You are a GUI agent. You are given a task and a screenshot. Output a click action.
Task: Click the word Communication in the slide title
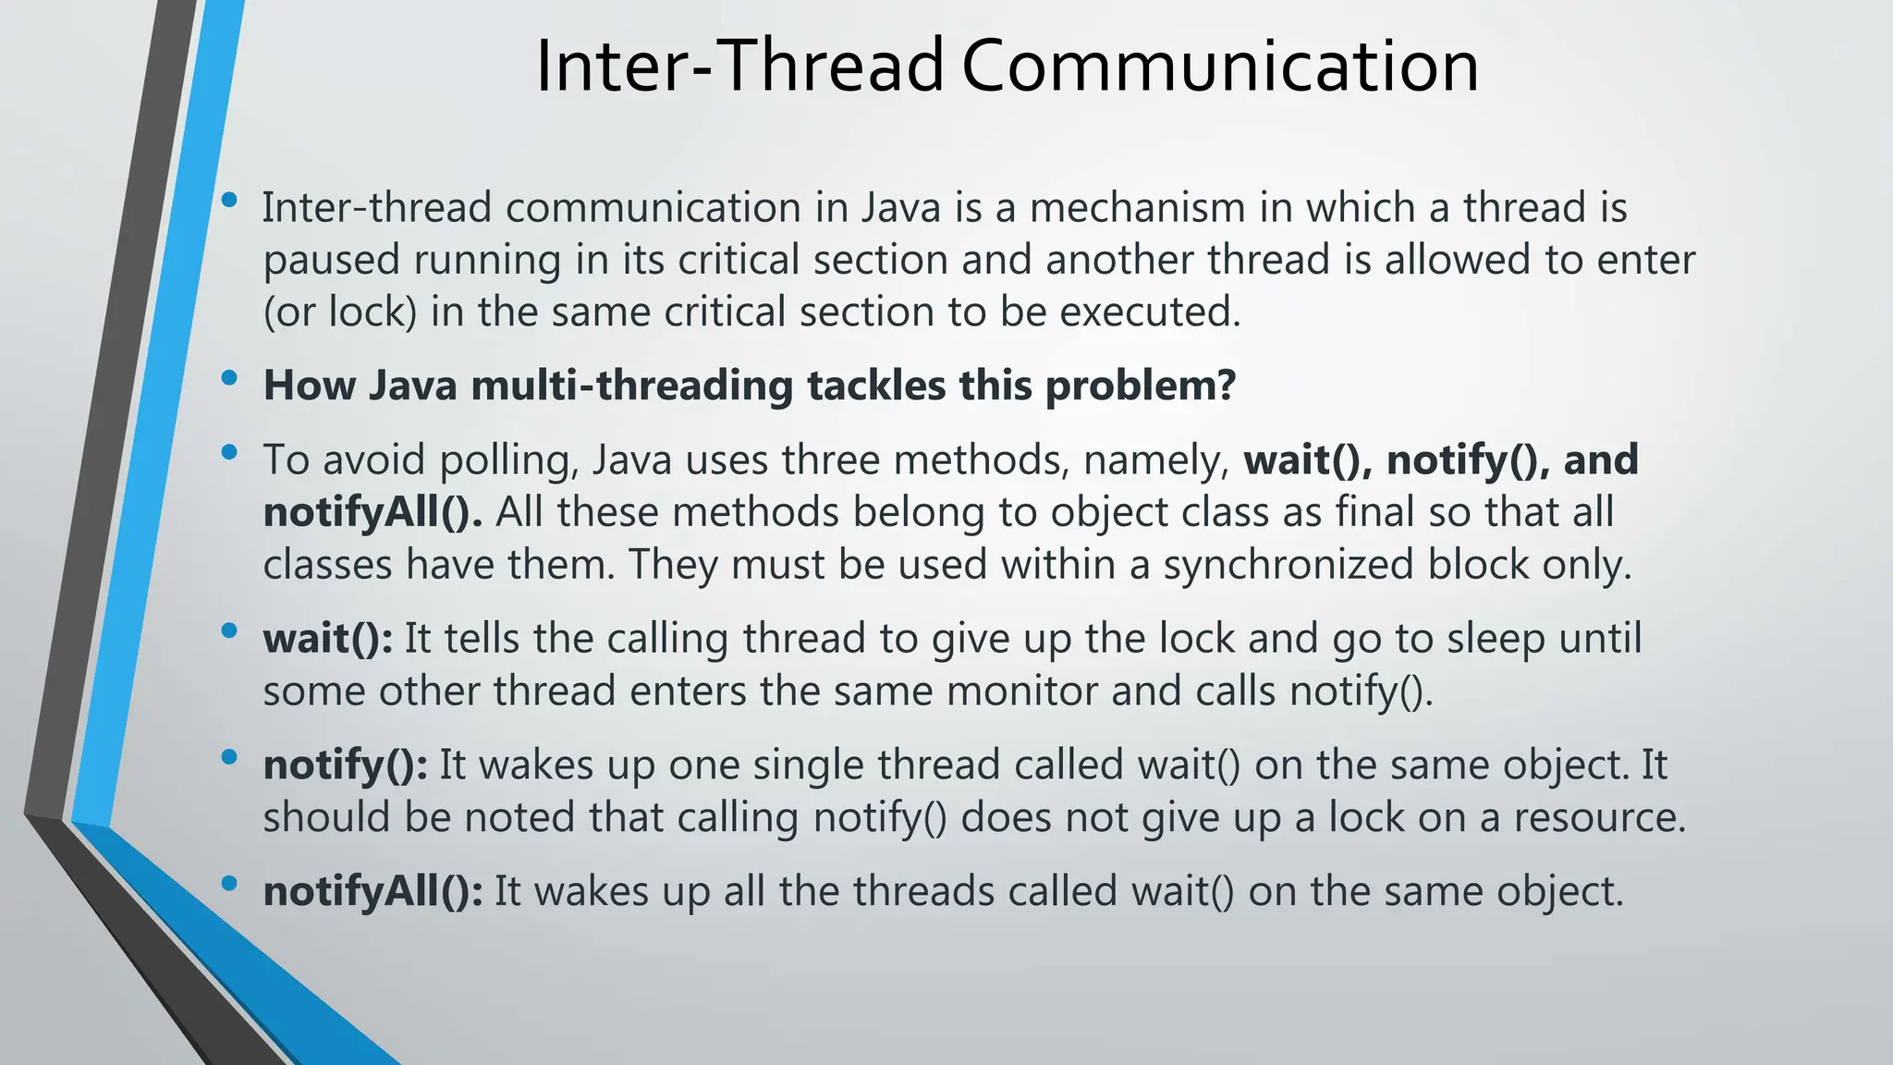(1220, 67)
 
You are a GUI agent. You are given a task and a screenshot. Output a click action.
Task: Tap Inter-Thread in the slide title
(739, 67)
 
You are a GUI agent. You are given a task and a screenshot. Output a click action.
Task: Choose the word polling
(508, 460)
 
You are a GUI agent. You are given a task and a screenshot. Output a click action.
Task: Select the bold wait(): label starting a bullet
(327, 639)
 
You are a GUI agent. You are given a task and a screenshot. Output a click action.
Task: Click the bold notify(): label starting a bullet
(345, 765)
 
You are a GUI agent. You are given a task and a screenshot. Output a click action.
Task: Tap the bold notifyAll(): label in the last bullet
(372, 892)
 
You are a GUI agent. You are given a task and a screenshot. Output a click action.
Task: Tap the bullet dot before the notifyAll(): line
(230, 883)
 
